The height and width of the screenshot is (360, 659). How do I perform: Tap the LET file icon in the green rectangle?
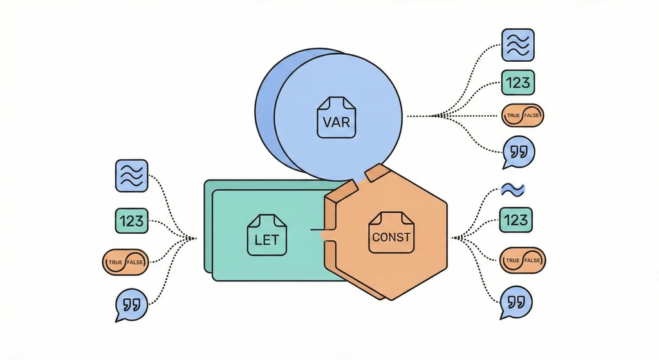click(x=266, y=234)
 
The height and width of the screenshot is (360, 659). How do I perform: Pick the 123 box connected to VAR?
click(x=517, y=82)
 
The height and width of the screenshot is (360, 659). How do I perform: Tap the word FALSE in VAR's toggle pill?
click(x=532, y=115)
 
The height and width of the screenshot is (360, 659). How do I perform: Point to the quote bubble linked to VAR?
click(x=518, y=153)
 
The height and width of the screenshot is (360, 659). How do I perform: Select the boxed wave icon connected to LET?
click(x=131, y=176)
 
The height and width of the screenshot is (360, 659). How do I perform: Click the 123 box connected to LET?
click(x=131, y=221)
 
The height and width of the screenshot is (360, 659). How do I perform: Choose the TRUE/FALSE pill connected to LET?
click(x=125, y=261)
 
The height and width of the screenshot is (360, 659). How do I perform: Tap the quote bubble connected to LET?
click(x=131, y=304)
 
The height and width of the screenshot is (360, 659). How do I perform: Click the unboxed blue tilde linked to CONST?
click(x=514, y=189)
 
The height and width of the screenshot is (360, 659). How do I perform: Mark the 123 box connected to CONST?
click(x=516, y=220)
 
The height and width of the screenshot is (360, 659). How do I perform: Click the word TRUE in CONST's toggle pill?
click(x=512, y=260)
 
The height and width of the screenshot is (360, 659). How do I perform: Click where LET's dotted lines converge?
click(x=192, y=238)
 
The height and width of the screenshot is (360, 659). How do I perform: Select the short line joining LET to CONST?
click(x=317, y=229)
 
